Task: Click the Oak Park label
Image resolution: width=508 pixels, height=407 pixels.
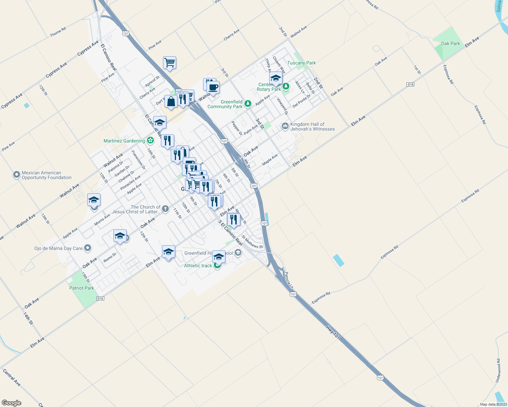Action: click(450, 43)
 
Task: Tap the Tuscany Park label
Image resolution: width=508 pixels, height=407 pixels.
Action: click(301, 63)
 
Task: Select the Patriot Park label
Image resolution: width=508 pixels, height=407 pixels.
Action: click(81, 288)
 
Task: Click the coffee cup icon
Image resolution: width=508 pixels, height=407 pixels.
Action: click(213, 88)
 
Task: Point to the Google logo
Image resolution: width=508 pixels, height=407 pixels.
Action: click(11, 403)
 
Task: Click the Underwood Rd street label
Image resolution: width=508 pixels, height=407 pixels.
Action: click(498, 371)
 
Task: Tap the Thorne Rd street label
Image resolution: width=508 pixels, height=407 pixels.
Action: click(58, 32)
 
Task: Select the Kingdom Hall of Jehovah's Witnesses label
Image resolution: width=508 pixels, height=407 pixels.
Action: click(312, 127)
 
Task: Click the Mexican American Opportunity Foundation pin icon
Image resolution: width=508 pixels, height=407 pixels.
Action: click(16, 175)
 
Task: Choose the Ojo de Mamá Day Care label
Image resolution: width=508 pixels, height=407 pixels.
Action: click(58, 248)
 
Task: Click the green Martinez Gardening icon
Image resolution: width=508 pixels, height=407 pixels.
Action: click(150, 141)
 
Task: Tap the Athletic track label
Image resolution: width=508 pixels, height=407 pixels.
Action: click(198, 266)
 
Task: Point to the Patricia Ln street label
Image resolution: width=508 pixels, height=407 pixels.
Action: click(289, 280)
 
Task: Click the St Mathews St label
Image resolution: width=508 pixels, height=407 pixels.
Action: click(252, 242)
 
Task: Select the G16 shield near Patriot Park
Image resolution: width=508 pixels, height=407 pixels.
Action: click(100, 298)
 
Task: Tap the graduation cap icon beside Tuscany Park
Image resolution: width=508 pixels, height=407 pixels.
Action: click(276, 78)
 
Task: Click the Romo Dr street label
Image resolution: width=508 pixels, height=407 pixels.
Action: click(110, 257)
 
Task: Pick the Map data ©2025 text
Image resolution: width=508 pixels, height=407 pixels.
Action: click(493, 404)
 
